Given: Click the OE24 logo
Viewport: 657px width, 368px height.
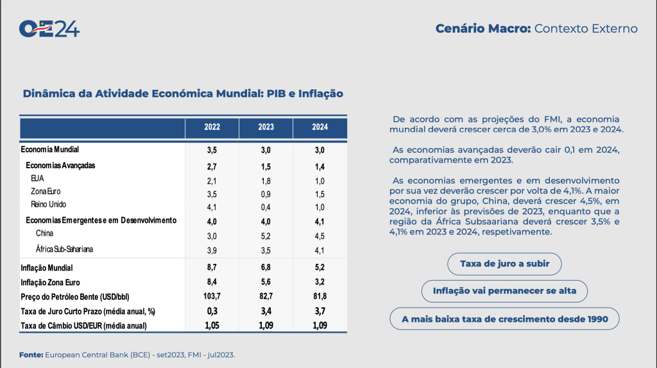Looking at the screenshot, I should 49,29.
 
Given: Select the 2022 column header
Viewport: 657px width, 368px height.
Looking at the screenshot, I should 212,127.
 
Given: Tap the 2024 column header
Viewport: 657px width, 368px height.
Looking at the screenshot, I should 320,127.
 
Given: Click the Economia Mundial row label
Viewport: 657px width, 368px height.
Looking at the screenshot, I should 50,150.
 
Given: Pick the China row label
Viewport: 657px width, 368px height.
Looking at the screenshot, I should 45,233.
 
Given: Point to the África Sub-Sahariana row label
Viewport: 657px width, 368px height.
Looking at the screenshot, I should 60,249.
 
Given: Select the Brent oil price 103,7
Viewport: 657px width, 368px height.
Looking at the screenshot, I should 212,296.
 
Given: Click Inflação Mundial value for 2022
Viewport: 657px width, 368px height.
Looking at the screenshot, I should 212,267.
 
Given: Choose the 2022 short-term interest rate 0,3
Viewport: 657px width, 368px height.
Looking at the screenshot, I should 212,311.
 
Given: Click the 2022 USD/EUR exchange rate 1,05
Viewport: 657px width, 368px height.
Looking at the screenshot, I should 212,326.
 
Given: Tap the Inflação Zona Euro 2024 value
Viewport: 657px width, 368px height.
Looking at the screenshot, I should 320,282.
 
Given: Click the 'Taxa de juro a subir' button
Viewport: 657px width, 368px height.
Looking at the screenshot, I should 503,264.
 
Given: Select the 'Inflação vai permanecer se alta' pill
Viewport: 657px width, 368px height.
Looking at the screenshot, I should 504,291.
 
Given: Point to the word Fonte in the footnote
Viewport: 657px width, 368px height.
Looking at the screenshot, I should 31,355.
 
